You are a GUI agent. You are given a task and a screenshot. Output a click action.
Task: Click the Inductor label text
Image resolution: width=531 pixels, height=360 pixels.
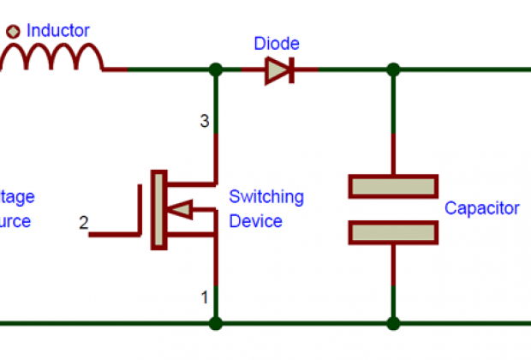pyautogui.click(x=58, y=31)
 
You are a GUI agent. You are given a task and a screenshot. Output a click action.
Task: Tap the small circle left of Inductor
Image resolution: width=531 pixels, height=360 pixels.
pyautogui.click(x=14, y=32)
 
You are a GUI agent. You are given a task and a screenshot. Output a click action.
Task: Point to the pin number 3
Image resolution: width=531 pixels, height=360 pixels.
pyautogui.click(x=205, y=122)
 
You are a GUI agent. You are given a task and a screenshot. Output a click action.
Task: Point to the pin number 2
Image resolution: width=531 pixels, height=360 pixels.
pyautogui.click(x=83, y=224)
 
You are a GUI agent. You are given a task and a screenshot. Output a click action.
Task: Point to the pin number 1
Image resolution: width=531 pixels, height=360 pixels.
pyautogui.click(x=205, y=298)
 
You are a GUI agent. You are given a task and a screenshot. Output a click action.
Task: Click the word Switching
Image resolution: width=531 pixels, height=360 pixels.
pyautogui.click(x=266, y=197)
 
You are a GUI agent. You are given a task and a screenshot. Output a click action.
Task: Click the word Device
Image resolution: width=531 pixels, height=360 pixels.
pyautogui.click(x=256, y=221)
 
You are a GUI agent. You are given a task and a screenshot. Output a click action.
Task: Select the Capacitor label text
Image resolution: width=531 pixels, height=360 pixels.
pyautogui.click(x=481, y=208)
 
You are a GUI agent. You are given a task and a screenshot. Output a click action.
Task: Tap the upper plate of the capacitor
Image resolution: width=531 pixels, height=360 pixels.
pyautogui.click(x=393, y=186)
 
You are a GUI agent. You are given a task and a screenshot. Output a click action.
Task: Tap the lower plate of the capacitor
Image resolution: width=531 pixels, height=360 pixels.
pyautogui.click(x=393, y=231)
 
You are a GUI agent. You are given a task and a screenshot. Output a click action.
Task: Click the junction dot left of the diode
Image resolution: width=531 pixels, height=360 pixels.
pyautogui.click(x=215, y=69)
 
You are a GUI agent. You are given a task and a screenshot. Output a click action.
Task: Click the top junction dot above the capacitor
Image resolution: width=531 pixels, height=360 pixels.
pyautogui.click(x=393, y=69)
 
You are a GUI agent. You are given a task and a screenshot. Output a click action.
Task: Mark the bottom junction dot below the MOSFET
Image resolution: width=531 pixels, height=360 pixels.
pyautogui.click(x=215, y=323)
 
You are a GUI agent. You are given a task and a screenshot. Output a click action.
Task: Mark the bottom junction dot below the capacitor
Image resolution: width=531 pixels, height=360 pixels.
pyautogui.click(x=393, y=323)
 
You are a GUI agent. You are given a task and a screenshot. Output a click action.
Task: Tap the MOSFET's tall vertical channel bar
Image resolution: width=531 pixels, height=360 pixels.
pyautogui.click(x=158, y=210)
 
